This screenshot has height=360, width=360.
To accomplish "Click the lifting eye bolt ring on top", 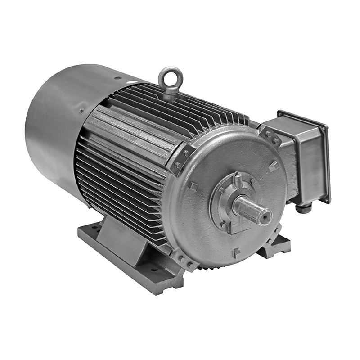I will pyautogui.click(x=171, y=77).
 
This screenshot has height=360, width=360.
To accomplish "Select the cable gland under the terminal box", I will pyautogui.click(x=303, y=208).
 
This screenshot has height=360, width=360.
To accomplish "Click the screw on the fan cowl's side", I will pyautogui.click(x=81, y=110).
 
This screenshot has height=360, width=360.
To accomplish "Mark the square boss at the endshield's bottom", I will pyautogui.click(x=236, y=252).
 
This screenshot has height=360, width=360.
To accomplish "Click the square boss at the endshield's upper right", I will pyautogui.click(x=273, y=166).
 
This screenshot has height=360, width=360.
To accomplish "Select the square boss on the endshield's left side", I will pyautogui.click(x=193, y=186).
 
